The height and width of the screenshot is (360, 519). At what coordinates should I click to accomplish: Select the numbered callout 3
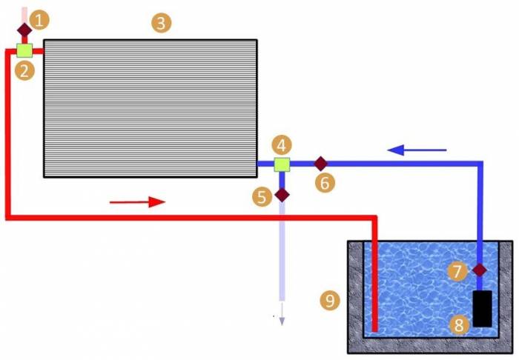tap(161, 23)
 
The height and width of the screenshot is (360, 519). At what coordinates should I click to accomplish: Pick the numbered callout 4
tap(282, 144)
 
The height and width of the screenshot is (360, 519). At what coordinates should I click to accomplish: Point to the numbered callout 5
tap(262, 196)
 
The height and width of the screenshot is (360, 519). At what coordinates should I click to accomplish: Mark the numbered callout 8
tap(460, 324)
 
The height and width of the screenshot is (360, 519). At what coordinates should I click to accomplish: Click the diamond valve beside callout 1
tap(24, 30)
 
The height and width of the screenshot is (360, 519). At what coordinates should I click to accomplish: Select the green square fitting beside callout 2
tap(24, 50)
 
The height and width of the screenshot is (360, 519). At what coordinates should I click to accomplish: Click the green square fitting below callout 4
tap(282, 164)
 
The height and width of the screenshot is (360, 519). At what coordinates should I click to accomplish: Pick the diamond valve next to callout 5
tap(282, 195)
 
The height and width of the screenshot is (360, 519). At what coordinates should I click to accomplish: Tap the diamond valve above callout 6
tap(320, 163)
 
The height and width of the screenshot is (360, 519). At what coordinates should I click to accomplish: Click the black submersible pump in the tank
tap(483, 308)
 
